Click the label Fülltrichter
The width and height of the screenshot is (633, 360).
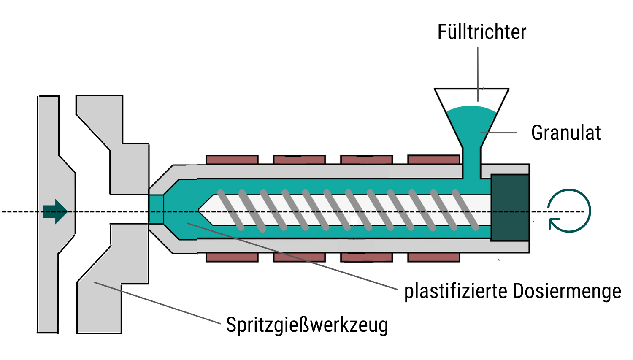click(x=482, y=32)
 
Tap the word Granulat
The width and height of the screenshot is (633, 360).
click(x=565, y=133)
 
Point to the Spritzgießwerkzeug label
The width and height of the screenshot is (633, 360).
click(x=307, y=325)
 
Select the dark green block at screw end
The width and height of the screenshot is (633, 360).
click(x=510, y=207)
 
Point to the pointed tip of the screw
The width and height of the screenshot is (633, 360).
click(x=202, y=210)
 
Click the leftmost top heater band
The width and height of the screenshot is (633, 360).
click(x=232, y=160)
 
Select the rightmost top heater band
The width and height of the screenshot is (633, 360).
click(x=433, y=160)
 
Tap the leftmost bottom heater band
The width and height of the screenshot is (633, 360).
click(x=232, y=257)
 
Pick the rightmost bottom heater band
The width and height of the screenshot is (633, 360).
click(x=433, y=257)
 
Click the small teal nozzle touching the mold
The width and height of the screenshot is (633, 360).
click(x=156, y=209)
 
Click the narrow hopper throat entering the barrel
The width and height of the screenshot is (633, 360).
click(x=471, y=162)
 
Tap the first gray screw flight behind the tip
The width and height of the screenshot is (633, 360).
click(x=230, y=210)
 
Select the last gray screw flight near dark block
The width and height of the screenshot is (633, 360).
click(x=465, y=210)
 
